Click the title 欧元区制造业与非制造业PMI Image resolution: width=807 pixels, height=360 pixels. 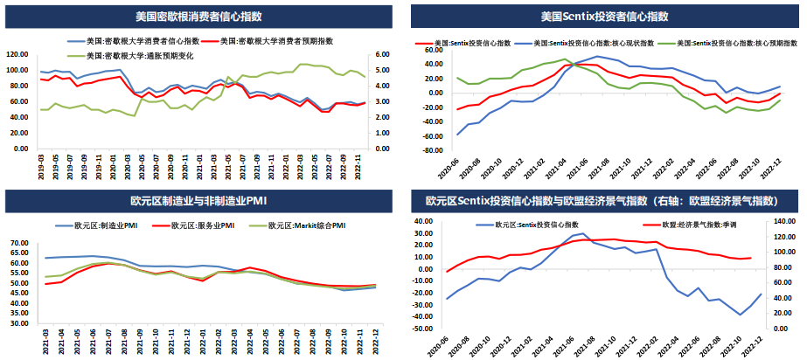201,202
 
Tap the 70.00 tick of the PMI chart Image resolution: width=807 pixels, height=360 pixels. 20,242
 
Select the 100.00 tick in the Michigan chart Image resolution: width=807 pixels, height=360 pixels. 17,69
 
